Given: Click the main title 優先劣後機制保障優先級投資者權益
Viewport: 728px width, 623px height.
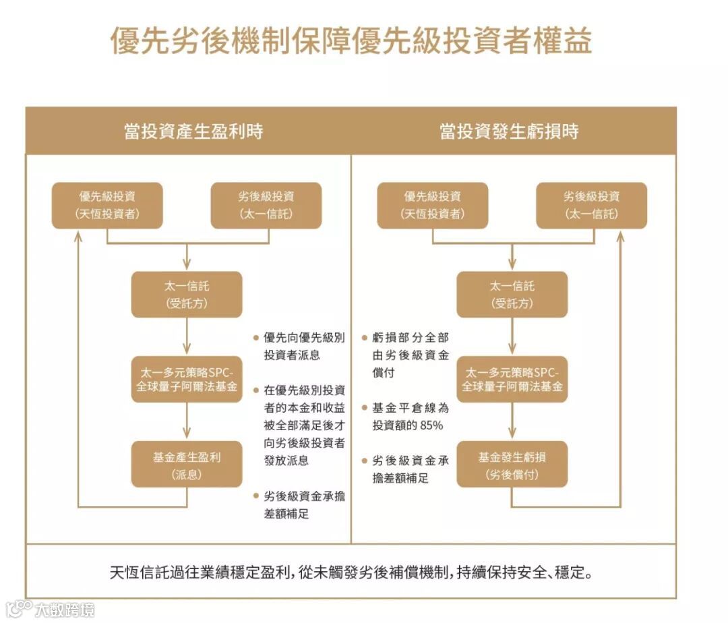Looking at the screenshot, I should tap(351, 41).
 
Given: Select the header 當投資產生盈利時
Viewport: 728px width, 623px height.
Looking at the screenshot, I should tap(193, 131).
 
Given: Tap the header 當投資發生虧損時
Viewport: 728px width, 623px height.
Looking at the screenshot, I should tap(509, 131).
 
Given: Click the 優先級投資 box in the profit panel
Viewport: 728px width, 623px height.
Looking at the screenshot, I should tap(107, 205).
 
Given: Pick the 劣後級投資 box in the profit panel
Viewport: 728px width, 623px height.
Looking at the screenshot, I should tap(266, 205).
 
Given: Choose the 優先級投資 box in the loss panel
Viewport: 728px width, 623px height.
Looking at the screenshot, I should tap(433, 205).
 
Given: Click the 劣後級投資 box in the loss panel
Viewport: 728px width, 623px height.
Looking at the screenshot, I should tap(591, 205).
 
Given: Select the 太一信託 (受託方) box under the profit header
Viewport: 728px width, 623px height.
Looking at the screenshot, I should tap(187, 295).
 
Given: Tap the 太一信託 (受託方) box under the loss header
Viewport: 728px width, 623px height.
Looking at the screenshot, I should tap(512, 295).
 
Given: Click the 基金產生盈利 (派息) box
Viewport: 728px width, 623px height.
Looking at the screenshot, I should tap(187, 465).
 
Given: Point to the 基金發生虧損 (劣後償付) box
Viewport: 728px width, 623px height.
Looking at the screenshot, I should tap(512, 465).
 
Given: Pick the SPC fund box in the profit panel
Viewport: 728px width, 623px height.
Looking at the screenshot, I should tap(187, 380).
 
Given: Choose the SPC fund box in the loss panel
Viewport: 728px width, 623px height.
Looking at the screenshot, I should tap(512, 380).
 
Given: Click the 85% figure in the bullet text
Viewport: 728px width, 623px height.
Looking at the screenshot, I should tap(431, 425).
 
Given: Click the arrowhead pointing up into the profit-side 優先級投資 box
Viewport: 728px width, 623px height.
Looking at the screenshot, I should tap(79, 235).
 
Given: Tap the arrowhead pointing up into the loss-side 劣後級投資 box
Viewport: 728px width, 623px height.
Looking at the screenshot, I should tap(620, 235).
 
